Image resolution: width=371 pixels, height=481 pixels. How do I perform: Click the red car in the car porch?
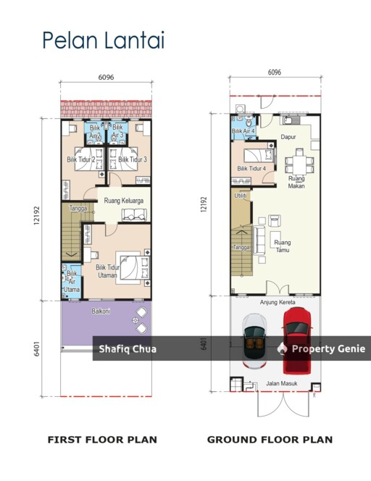[297, 340]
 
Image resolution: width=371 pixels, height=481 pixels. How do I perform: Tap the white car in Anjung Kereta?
[254, 341]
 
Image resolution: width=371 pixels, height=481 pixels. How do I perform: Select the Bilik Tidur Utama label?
[107, 271]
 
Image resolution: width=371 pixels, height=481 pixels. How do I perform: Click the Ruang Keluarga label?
[124, 201]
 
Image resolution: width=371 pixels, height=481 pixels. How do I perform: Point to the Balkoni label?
[101, 311]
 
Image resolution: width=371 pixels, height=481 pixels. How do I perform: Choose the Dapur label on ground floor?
[288, 137]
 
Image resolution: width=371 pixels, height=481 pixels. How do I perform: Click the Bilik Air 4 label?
[243, 131]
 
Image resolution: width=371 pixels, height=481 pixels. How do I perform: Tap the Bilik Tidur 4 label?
[251, 168]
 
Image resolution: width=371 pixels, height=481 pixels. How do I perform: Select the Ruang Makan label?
[296, 182]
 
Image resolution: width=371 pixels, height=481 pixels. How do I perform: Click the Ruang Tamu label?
[283, 246]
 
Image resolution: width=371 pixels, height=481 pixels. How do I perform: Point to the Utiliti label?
[241, 196]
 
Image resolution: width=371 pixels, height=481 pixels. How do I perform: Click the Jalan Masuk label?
[282, 383]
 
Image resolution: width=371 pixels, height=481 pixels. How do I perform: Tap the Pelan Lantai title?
[104, 40]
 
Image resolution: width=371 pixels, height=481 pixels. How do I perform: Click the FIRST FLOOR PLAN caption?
[102, 440]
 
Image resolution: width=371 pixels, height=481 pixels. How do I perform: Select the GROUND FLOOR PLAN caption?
[270, 440]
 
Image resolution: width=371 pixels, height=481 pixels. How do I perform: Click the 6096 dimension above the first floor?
[107, 77]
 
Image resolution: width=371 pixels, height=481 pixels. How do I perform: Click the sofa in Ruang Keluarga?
[134, 214]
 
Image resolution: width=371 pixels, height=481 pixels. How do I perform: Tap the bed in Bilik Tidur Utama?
[133, 267]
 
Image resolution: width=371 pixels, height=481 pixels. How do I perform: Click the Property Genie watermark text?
[328, 348]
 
